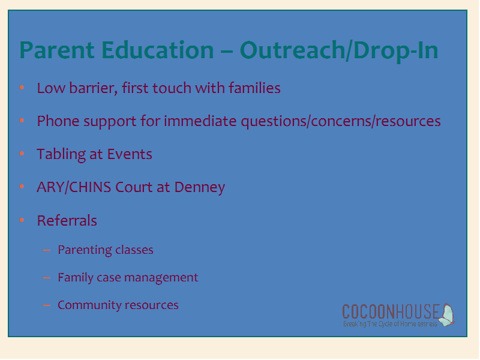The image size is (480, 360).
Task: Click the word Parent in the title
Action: (57, 50)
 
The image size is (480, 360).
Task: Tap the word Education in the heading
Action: (157, 50)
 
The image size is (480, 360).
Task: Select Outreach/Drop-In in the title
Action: (339, 50)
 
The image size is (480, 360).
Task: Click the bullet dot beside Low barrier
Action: (22, 88)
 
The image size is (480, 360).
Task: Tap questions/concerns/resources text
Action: (341, 122)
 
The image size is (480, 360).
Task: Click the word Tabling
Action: (61, 154)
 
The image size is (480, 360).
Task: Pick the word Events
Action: (130, 154)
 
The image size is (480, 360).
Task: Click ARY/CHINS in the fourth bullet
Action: (74, 187)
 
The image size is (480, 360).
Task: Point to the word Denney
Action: (200, 188)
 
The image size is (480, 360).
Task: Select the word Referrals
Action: (67, 220)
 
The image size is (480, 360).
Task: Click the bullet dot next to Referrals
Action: (22, 220)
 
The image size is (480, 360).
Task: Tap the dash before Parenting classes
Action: (47, 250)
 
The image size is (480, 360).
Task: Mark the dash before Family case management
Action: (47, 278)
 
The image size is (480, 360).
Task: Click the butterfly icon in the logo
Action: (446, 314)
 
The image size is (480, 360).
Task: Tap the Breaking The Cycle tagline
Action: (391, 324)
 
